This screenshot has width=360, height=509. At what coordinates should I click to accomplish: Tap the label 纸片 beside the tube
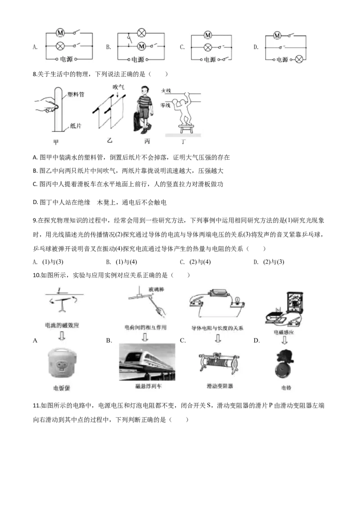76,126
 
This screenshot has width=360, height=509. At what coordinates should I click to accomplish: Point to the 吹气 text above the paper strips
118,86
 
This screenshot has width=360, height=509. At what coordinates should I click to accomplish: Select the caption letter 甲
56,142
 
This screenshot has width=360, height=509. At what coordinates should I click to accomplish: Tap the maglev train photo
147,362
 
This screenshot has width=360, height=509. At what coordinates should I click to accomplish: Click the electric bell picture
286,364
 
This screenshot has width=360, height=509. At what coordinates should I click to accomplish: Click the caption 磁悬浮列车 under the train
148,387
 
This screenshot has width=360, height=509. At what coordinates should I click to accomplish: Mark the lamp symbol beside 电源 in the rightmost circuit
299,59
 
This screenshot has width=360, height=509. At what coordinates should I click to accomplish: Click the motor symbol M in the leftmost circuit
60,33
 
